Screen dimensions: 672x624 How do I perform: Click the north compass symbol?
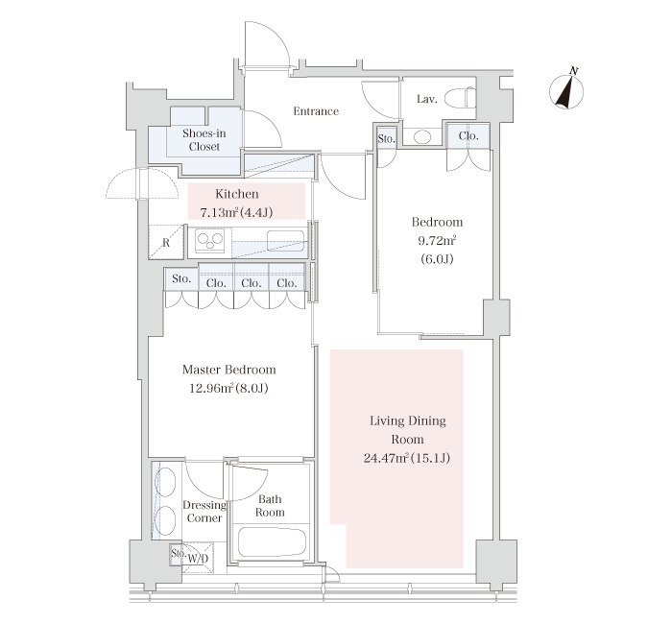566,89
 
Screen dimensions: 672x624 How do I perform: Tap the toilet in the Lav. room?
460,98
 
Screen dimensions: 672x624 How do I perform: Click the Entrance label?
316,111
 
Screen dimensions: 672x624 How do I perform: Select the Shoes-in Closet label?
204,140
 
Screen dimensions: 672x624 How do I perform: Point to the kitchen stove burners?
210,241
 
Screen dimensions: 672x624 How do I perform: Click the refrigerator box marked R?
166,242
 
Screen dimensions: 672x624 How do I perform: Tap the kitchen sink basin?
285,240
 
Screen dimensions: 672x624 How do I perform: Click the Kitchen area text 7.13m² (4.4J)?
236,212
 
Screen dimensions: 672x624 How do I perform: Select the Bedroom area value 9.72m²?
437,240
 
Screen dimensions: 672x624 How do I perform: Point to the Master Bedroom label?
228,370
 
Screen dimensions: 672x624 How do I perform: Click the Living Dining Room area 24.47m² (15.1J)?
407,458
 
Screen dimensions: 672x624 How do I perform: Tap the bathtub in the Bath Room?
272,541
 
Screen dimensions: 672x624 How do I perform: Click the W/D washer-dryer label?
198,559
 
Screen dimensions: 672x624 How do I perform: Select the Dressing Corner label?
204,512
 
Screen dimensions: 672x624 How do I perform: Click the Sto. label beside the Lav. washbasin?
386,139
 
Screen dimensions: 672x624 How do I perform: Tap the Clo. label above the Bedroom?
468,136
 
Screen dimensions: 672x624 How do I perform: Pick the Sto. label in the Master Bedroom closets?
181,279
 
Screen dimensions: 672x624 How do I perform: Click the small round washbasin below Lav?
422,136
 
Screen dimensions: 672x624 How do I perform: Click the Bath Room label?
270,506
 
